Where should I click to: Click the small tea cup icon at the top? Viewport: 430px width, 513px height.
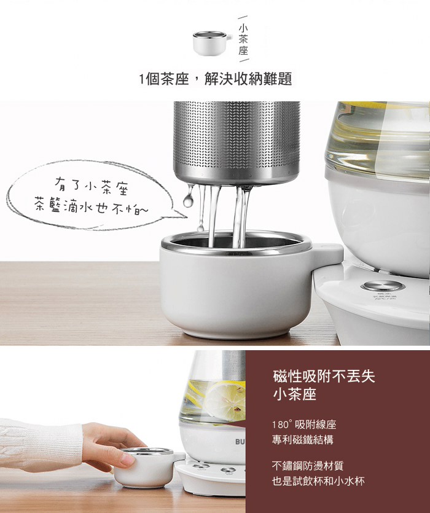click(212, 43)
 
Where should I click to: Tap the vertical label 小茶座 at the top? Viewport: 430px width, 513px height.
click(243, 39)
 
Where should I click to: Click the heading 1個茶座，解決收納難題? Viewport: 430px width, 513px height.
click(216, 79)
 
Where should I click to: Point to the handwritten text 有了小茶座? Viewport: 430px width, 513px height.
click(92, 186)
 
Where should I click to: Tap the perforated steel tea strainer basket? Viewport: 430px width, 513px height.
click(237, 143)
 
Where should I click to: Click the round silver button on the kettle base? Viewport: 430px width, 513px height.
click(383, 286)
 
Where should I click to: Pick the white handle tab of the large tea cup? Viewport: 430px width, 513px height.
click(328, 254)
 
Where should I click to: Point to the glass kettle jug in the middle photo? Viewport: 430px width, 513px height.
click(378, 141)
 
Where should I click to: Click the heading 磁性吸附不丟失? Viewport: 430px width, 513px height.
click(324, 376)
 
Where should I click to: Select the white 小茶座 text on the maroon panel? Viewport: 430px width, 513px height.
click(294, 394)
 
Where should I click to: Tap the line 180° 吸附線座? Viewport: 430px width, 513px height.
click(304, 425)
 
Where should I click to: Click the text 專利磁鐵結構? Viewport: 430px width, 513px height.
click(302, 439)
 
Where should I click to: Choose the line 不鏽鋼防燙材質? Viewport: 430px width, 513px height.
click(308, 466)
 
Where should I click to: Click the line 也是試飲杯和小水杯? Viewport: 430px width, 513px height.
click(318, 481)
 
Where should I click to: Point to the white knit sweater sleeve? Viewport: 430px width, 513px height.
click(40, 445)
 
